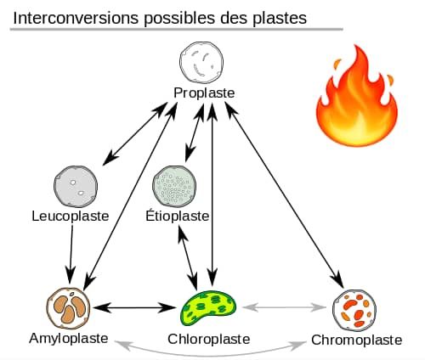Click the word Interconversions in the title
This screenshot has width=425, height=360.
click(76, 18)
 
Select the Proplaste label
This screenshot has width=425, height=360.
click(204, 93)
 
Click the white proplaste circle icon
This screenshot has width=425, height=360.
click(201, 63)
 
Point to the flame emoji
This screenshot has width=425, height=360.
click(357, 96)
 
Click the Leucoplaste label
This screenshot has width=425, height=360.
click(71, 217)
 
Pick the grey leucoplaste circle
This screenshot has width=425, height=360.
click(76, 186)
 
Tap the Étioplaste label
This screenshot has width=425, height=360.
click(178, 216)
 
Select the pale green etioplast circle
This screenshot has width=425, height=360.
click(174, 186)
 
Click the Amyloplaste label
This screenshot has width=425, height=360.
click(69, 339)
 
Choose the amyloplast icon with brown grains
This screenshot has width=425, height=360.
click(68, 308)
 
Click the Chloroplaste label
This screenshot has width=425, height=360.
click(209, 339)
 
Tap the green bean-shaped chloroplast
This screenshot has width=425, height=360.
click(208, 308)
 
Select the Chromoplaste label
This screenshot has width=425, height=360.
click(357, 340)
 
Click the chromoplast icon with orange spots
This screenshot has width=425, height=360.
click(354, 310)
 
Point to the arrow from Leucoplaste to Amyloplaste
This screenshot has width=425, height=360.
click(71, 254)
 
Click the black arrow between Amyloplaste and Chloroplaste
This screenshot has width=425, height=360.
click(135, 307)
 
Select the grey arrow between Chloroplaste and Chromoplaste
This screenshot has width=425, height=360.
click(284, 307)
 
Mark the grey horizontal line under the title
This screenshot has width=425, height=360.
click(177, 29)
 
